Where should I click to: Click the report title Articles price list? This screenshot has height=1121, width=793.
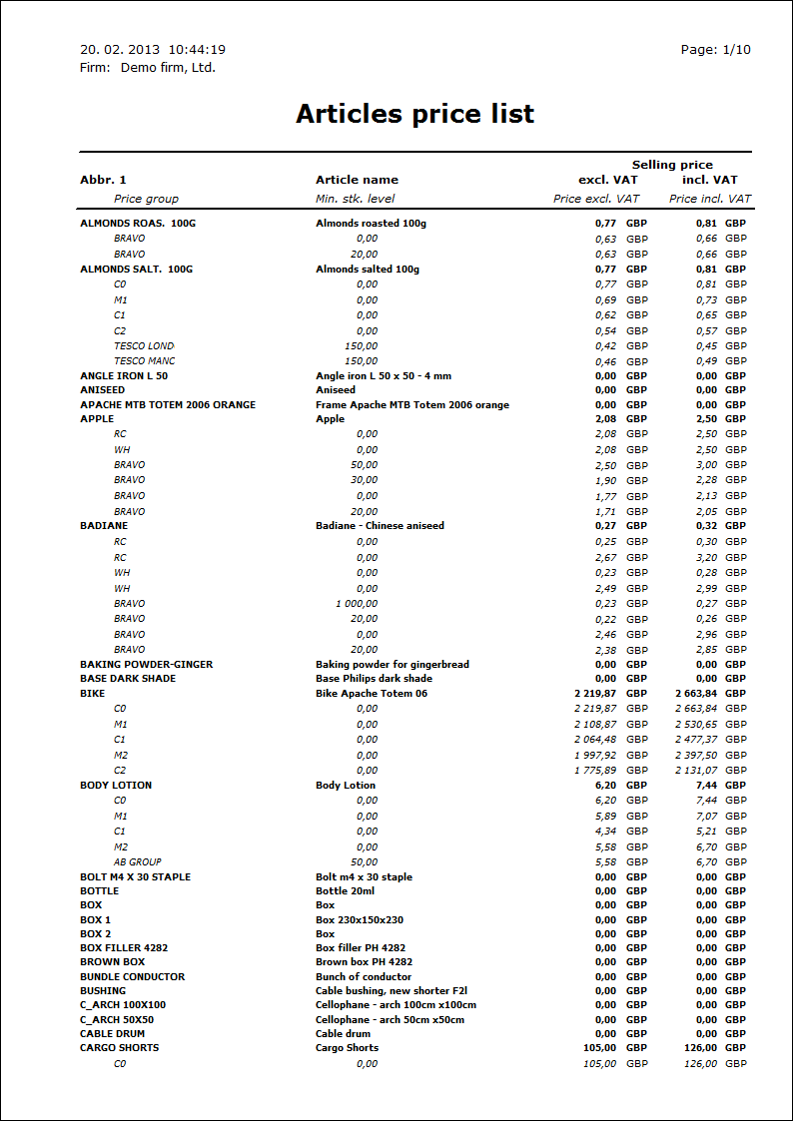click(x=414, y=114)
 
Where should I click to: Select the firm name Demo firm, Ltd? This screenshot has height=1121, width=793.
click(x=168, y=68)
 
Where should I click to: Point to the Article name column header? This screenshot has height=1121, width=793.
click(x=357, y=180)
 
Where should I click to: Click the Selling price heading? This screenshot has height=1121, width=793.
click(x=672, y=165)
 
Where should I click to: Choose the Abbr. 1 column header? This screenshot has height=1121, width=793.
click(x=103, y=180)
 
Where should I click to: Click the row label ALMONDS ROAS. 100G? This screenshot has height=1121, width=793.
click(x=138, y=224)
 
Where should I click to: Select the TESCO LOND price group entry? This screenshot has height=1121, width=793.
click(x=144, y=346)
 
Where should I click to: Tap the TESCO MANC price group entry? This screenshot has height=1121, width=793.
click(x=145, y=361)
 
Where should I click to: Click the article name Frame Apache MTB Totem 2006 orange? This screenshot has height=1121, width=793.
click(x=412, y=405)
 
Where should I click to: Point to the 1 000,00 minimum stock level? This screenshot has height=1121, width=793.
click(x=357, y=604)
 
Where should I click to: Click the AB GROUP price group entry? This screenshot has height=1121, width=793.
click(x=138, y=862)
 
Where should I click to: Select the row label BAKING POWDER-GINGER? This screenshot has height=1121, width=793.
click(x=146, y=665)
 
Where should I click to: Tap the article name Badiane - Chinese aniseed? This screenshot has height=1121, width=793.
click(x=380, y=526)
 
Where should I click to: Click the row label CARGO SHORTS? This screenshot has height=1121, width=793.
click(x=119, y=1048)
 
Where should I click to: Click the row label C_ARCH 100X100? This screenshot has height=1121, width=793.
click(x=123, y=1005)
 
